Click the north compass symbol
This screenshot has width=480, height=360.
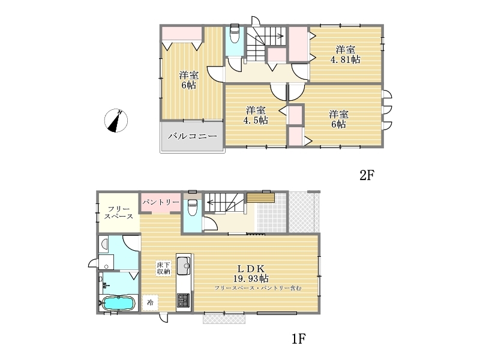116,121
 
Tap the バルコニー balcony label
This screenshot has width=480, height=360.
193,136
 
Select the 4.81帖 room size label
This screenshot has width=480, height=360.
346,59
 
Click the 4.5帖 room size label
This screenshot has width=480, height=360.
256,120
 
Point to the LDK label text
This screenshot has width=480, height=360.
251,269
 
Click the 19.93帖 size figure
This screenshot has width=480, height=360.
251,278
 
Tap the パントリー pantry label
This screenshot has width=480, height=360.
161,202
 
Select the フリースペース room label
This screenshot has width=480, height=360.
119,213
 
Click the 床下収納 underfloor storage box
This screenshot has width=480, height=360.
164,268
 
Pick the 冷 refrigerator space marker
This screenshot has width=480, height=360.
151,302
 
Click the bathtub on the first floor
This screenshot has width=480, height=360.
118,304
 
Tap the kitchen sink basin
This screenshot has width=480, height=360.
184,266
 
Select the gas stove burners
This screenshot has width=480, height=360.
184,300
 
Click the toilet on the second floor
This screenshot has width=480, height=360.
235,34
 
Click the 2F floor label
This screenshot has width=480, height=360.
367,175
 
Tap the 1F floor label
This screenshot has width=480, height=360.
298,338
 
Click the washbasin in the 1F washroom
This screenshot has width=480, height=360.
104,244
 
